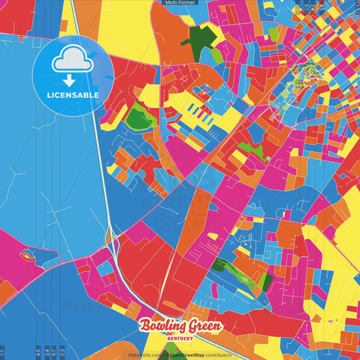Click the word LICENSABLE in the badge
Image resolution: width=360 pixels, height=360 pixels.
(73, 95)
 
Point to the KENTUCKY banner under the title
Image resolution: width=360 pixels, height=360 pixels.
(180, 338)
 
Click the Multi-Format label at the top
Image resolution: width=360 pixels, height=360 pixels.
(180, 3)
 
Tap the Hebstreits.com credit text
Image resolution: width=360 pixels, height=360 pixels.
(145, 355)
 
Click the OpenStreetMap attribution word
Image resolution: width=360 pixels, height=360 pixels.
(185, 355)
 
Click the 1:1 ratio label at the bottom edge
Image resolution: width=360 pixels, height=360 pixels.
(3, 353)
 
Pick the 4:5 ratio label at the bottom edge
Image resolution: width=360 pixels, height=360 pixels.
(38, 353)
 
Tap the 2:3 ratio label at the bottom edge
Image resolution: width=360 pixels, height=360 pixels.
(63, 353)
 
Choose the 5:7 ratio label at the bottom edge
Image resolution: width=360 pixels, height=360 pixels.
(55, 353)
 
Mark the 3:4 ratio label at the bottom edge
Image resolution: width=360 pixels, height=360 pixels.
(47, 353)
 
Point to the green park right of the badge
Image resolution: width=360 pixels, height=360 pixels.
(138, 117)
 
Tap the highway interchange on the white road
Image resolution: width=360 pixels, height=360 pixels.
(110, 236)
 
